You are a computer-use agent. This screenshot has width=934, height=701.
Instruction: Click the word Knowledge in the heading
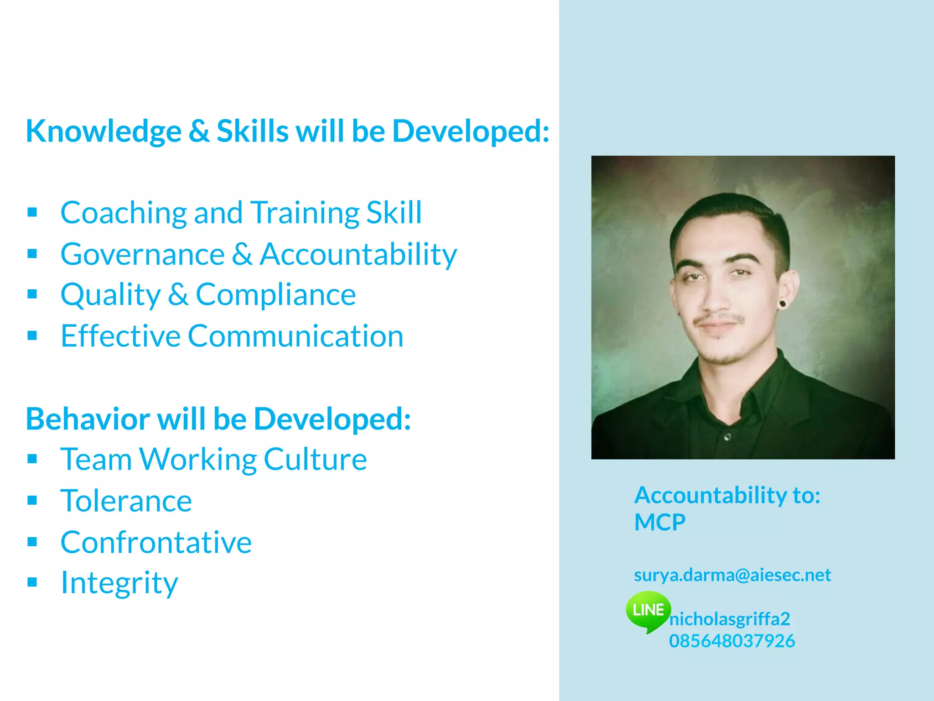104,131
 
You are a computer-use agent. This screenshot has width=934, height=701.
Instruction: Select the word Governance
142,254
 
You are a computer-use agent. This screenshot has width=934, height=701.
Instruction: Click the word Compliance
275,295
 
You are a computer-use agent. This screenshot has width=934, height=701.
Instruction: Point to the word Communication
296,336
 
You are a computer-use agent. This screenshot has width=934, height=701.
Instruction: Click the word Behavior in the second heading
88,419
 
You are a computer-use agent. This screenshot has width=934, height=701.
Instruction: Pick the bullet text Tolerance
126,501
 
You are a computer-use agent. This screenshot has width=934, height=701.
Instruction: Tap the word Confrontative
156,543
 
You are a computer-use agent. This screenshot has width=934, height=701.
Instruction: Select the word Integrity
119,583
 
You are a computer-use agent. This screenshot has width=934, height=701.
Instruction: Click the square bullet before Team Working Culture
32,459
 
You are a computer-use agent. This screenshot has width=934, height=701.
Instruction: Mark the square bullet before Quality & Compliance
32,294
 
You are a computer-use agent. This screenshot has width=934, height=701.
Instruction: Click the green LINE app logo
648,610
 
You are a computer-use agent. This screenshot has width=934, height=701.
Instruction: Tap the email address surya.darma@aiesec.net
732,575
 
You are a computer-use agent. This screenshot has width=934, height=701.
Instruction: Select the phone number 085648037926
732,641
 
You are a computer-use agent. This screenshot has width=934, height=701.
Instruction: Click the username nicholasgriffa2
729,619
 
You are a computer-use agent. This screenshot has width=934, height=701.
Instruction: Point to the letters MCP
659,522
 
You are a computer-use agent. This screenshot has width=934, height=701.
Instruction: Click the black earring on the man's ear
783,303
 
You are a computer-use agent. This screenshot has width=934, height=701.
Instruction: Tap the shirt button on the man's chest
727,437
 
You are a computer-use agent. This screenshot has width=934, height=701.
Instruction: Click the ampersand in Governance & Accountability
242,254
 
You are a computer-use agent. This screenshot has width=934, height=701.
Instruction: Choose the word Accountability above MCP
710,496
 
